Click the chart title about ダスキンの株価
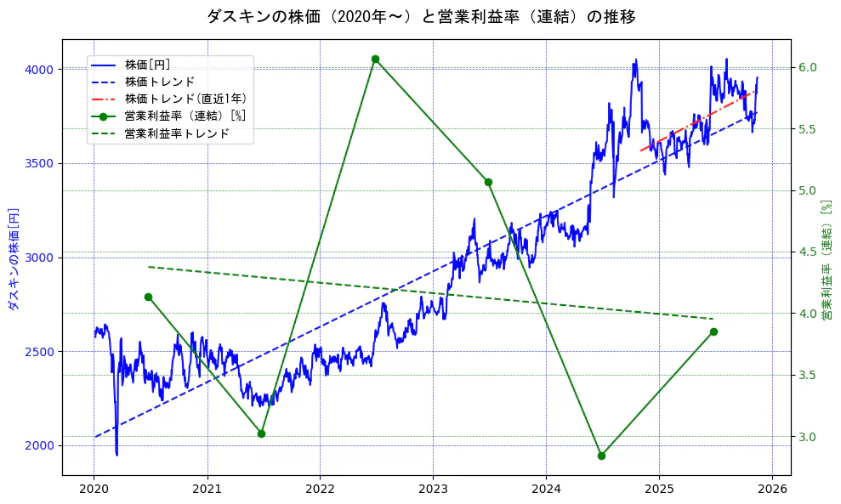coord(420,16)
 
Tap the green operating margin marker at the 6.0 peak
coord(375,59)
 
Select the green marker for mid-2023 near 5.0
coord(488,182)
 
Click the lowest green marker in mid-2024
coord(601,456)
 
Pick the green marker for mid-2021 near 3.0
coord(261,433)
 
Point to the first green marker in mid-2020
coord(148,297)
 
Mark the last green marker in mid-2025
coord(713,331)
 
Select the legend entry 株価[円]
coord(152,64)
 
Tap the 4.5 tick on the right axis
coord(807,252)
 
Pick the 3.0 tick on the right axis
coord(807,437)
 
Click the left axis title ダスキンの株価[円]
coord(13,257)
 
